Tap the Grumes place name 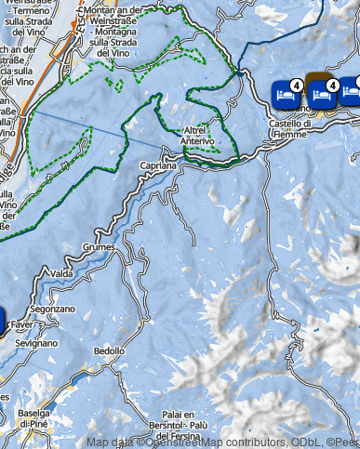pyautogui.click(x=99, y=247)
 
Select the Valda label pyautogui.click(x=61, y=273)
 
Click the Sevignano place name pyautogui.click(x=37, y=342)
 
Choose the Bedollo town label pyautogui.click(x=109, y=351)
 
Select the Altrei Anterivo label pyautogui.click(x=199, y=136)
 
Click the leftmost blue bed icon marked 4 pyautogui.click(x=286, y=93)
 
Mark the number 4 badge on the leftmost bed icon pyautogui.click(x=296, y=84)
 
